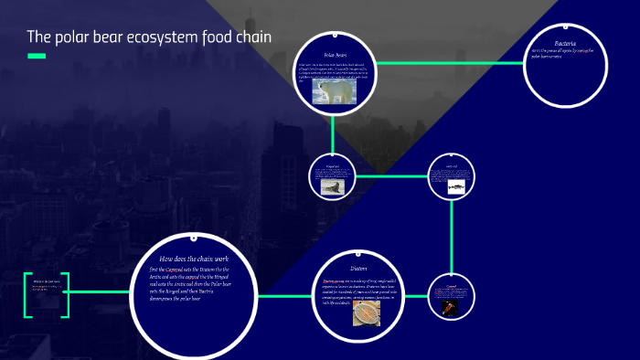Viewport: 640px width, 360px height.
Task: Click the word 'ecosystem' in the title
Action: click(x=162, y=38)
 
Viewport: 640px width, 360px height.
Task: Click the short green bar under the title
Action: click(x=37, y=57)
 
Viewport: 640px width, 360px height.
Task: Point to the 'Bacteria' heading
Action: click(x=559, y=42)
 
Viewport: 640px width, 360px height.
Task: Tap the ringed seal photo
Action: click(x=331, y=186)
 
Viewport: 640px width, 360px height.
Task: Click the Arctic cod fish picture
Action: click(x=454, y=185)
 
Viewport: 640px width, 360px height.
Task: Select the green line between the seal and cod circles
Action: click(x=392, y=175)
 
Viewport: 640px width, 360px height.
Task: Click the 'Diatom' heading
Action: click(x=358, y=268)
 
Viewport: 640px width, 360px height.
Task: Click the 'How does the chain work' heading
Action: click(x=191, y=259)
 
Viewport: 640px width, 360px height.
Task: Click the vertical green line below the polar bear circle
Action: click(x=333, y=137)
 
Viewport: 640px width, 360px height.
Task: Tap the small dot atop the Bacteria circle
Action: click(x=560, y=26)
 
